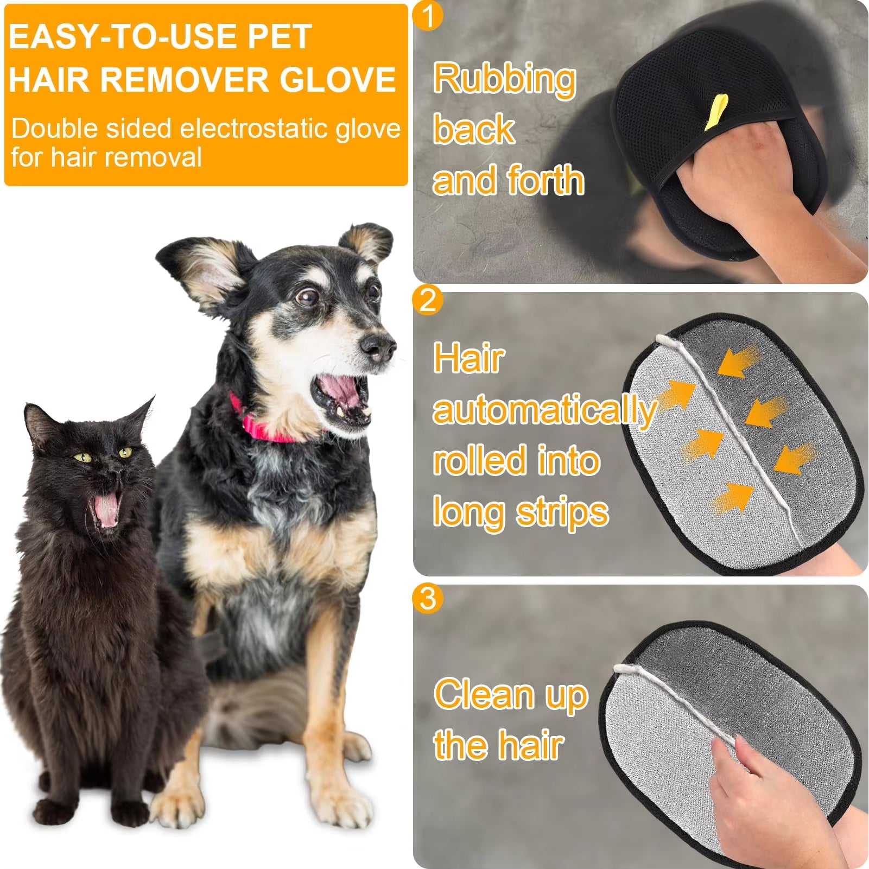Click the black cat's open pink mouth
pyautogui.click(x=105, y=510)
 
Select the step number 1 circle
pyautogui.click(x=428, y=16)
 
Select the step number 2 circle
pyautogui.click(x=428, y=300)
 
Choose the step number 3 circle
pyautogui.click(x=428, y=598)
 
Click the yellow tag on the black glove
pyautogui.click(x=716, y=112)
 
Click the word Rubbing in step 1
pyautogui.click(x=504, y=79)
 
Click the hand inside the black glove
pyautogui.click(x=727, y=174)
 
